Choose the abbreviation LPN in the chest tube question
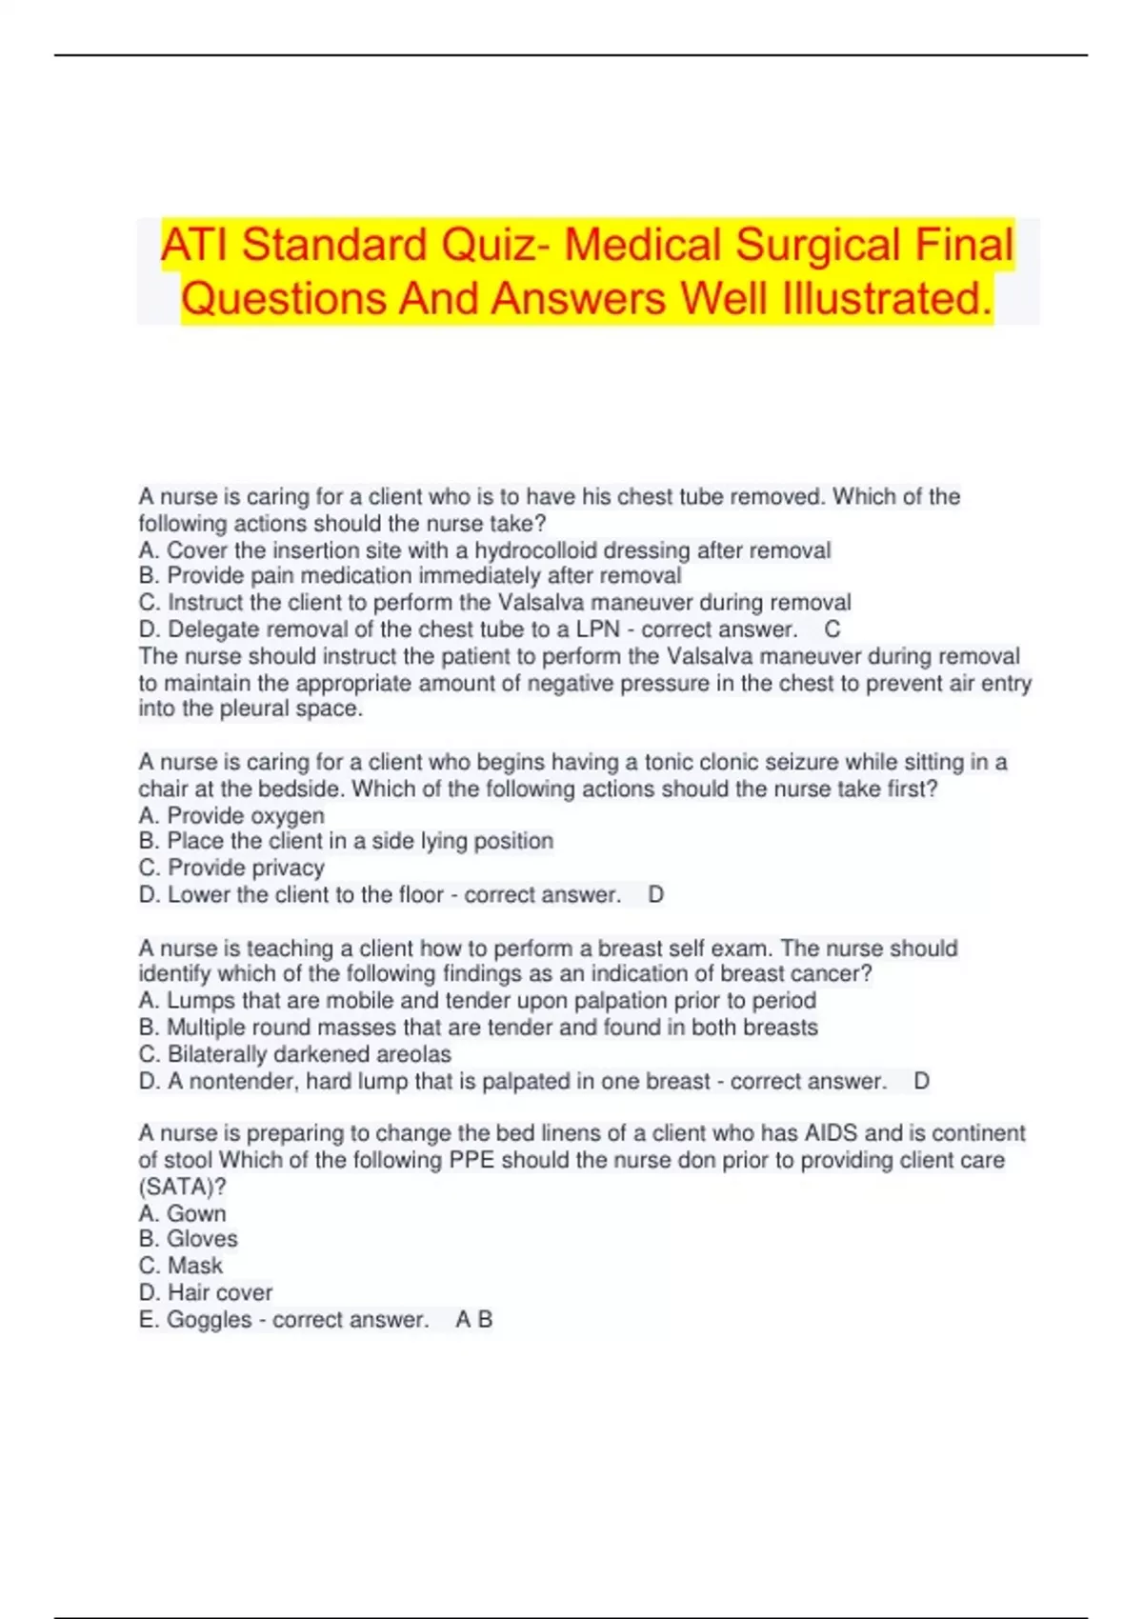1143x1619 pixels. click(597, 630)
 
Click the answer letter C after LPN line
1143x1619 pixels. click(832, 630)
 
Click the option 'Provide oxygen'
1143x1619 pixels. click(245, 815)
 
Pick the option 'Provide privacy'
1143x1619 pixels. click(246, 868)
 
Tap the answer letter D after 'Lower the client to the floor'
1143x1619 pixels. click(655, 894)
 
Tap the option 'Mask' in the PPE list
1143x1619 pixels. click(194, 1266)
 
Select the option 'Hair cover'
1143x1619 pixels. click(219, 1292)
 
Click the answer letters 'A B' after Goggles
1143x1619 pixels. click(473, 1319)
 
